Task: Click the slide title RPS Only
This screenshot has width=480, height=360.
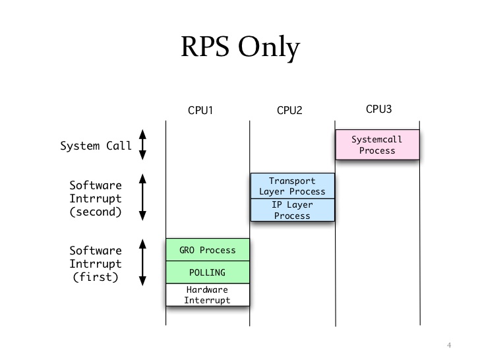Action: pos(239,47)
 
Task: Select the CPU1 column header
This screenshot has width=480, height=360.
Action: pos(200,111)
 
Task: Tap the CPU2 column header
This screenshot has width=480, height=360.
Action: pos(289,111)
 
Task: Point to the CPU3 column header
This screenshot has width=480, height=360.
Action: pos(379,109)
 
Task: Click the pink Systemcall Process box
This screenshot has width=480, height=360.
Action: pos(377,145)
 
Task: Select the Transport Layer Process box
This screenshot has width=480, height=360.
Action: pos(293,186)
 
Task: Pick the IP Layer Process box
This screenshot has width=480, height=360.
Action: pos(293,210)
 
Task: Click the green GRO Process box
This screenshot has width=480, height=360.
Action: pos(208,250)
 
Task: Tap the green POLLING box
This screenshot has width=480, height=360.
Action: pos(208,272)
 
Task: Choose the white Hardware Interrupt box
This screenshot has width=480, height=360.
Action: pos(208,295)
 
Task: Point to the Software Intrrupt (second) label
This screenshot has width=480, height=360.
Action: pos(96,198)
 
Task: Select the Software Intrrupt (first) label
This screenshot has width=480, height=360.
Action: pos(96,264)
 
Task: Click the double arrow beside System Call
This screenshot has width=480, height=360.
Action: pos(142,145)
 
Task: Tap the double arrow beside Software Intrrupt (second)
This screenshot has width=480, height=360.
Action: pos(142,196)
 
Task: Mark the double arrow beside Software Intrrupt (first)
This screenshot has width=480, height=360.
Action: pos(142,262)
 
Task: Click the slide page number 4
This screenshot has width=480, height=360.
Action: pos(449,345)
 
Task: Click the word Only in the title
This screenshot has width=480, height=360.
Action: pos(270,47)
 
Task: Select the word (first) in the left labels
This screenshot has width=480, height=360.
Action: pos(96,277)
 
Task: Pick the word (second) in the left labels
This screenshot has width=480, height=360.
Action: pos(96,212)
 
